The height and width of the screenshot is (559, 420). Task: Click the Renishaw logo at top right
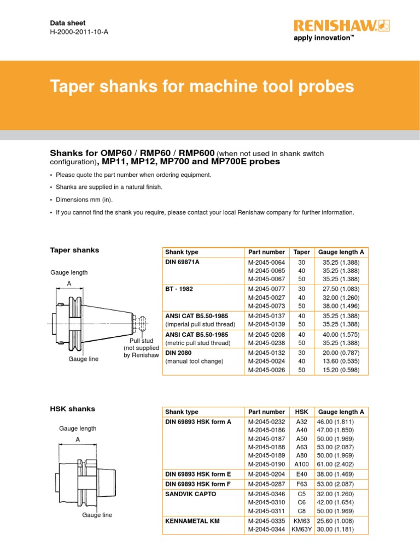[x=334, y=25]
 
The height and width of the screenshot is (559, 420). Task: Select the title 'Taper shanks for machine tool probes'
[x=202, y=87]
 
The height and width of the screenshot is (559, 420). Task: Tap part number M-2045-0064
[x=266, y=263]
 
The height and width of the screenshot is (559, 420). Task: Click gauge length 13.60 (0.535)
[x=341, y=361]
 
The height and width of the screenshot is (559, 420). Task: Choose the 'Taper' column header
[x=301, y=252]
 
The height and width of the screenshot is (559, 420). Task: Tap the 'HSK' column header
[x=301, y=412]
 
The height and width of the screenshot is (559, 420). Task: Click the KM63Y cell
[x=301, y=529]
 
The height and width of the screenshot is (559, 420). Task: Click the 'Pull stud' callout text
[x=141, y=341]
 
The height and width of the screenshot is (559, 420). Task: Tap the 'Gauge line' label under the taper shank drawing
[x=83, y=359]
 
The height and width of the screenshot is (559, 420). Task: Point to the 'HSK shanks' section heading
[x=73, y=409]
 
